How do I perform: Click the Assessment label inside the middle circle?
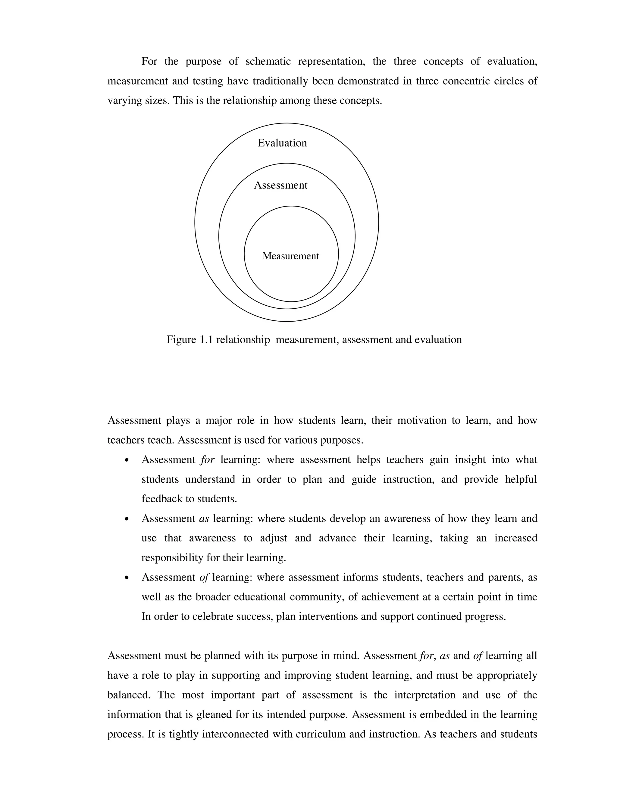[280, 185]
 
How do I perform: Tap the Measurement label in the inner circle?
[291, 256]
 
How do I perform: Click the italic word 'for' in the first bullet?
[207, 460]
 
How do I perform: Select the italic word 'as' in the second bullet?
[204, 519]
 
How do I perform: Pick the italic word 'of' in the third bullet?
[204, 577]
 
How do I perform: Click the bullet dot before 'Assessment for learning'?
[127, 460]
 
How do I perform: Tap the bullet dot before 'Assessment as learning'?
[127, 519]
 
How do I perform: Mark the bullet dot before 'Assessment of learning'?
[127, 578]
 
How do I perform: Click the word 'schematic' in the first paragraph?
[268, 61]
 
